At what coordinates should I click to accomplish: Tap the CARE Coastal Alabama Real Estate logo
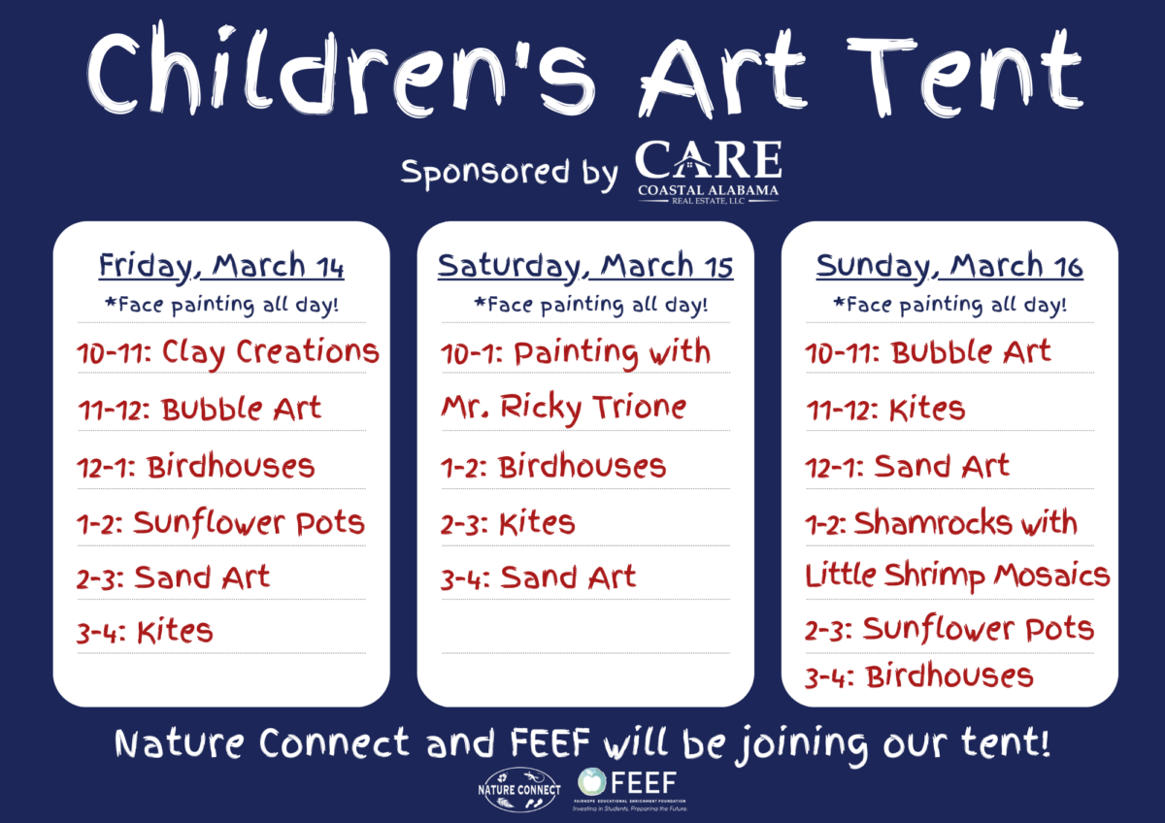coord(709,172)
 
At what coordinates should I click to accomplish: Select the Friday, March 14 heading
coord(221,267)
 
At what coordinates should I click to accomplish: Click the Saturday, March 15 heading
coord(585,267)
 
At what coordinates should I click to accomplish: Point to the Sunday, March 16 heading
coord(949,267)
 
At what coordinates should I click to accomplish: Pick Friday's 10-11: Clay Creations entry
coord(228,353)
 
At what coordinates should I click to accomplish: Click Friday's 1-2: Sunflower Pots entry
coord(221,523)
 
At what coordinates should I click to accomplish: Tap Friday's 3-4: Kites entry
coord(145,632)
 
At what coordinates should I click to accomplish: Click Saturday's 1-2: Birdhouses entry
coord(553,467)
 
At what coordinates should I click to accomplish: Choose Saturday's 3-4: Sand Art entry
coord(538,577)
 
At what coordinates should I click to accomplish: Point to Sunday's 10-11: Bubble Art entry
coord(928,352)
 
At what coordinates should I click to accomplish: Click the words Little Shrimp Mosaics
coord(957,576)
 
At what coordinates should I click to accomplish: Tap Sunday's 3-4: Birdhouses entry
coord(919,675)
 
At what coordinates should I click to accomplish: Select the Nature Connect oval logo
coord(519,789)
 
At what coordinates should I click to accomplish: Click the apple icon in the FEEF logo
coord(592,781)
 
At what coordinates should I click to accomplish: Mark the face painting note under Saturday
coord(591,305)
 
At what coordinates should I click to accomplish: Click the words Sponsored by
coord(510,173)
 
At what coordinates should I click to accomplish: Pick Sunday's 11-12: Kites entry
coord(885,410)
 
